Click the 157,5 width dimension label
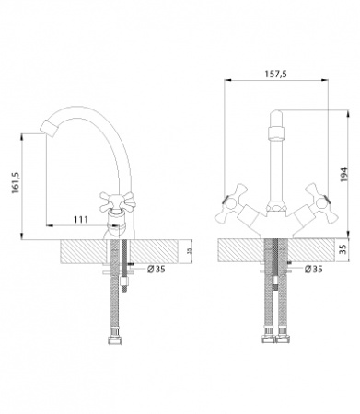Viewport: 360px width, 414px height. point(275,74)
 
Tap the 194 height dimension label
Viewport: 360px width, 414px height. point(344,175)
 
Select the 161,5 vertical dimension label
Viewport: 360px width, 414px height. point(16,183)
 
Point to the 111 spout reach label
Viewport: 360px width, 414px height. point(81,220)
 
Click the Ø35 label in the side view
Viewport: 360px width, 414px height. point(157,270)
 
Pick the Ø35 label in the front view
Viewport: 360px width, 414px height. point(314,270)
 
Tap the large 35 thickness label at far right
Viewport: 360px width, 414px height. point(343,248)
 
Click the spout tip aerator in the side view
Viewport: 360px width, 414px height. point(49,128)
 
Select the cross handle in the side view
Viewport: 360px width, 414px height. point(118,201)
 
